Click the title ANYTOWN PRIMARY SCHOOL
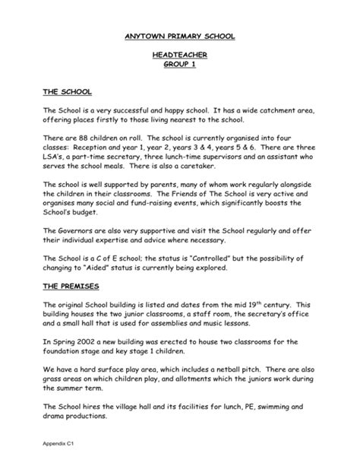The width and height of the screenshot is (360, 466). pyautogui.click(x=180, y=36)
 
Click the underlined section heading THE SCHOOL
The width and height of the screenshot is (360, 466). pyautogui.click(x=67, y=92)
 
